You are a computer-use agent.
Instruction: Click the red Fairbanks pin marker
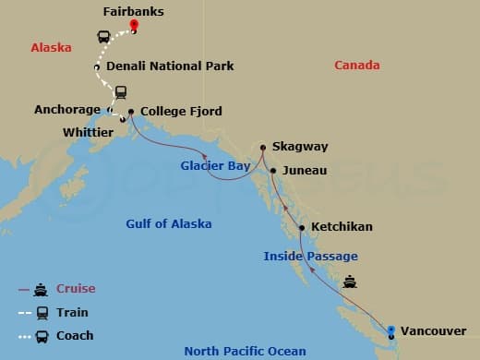click(x=134, y=25)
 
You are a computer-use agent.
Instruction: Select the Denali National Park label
click(x=170, y=66)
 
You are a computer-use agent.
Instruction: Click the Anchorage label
click(x=66, y=110)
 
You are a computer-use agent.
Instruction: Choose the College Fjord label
click(x=181, y=113)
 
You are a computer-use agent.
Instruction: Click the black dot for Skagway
click(x=263, y=147)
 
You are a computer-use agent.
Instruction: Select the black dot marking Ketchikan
click(x=302, y=227)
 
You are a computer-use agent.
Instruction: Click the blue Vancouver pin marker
click(x=392, y=330)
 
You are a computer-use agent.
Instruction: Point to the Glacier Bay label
click(x=215, y=166)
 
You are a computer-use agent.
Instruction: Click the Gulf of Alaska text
click(x=168, y=224)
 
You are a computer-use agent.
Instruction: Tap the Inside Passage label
click(x=310, y=257)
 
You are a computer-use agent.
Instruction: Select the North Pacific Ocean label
click(x=241, y=351)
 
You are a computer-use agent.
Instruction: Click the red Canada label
click(x=357, y=66)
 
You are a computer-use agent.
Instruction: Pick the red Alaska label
click(x=51, y=48)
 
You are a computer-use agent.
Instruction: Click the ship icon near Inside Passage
click(x=350, y=282)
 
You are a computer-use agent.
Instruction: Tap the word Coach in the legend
click(x=75, y=336)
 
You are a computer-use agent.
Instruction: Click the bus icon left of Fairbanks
click(x=103, y=38)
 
